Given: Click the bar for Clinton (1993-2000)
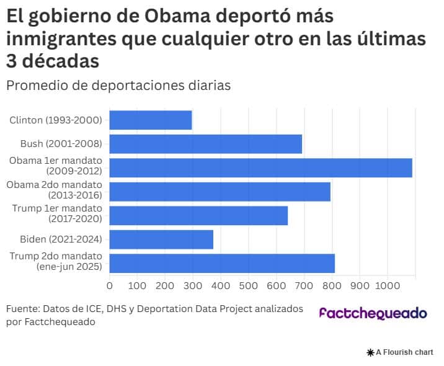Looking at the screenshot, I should (x=151, y=120).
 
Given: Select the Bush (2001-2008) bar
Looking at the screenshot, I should (x=206, y=143).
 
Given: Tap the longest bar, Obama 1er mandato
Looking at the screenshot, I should (x=261, y=167).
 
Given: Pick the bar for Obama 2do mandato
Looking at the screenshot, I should (x=220, y=191).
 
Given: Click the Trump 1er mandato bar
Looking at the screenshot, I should (x=198, y=215).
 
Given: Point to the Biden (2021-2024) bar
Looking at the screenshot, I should (x=161, y=239).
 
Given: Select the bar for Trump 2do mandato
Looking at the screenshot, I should (x=222, y=262).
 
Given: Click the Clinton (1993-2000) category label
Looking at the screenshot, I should (x=56, y=120).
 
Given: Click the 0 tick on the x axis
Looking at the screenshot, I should (x=110, y=286).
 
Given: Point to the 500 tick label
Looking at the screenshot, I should (x=248, y=286).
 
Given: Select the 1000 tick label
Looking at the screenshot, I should (x=387, y=286).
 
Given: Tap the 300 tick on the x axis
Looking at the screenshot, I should (x=193, y=286).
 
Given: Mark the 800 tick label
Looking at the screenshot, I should (x=332, y=286).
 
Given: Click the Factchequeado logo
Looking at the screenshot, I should (x=373, y=313).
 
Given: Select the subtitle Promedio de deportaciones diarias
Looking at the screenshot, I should (x=118, y=85).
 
